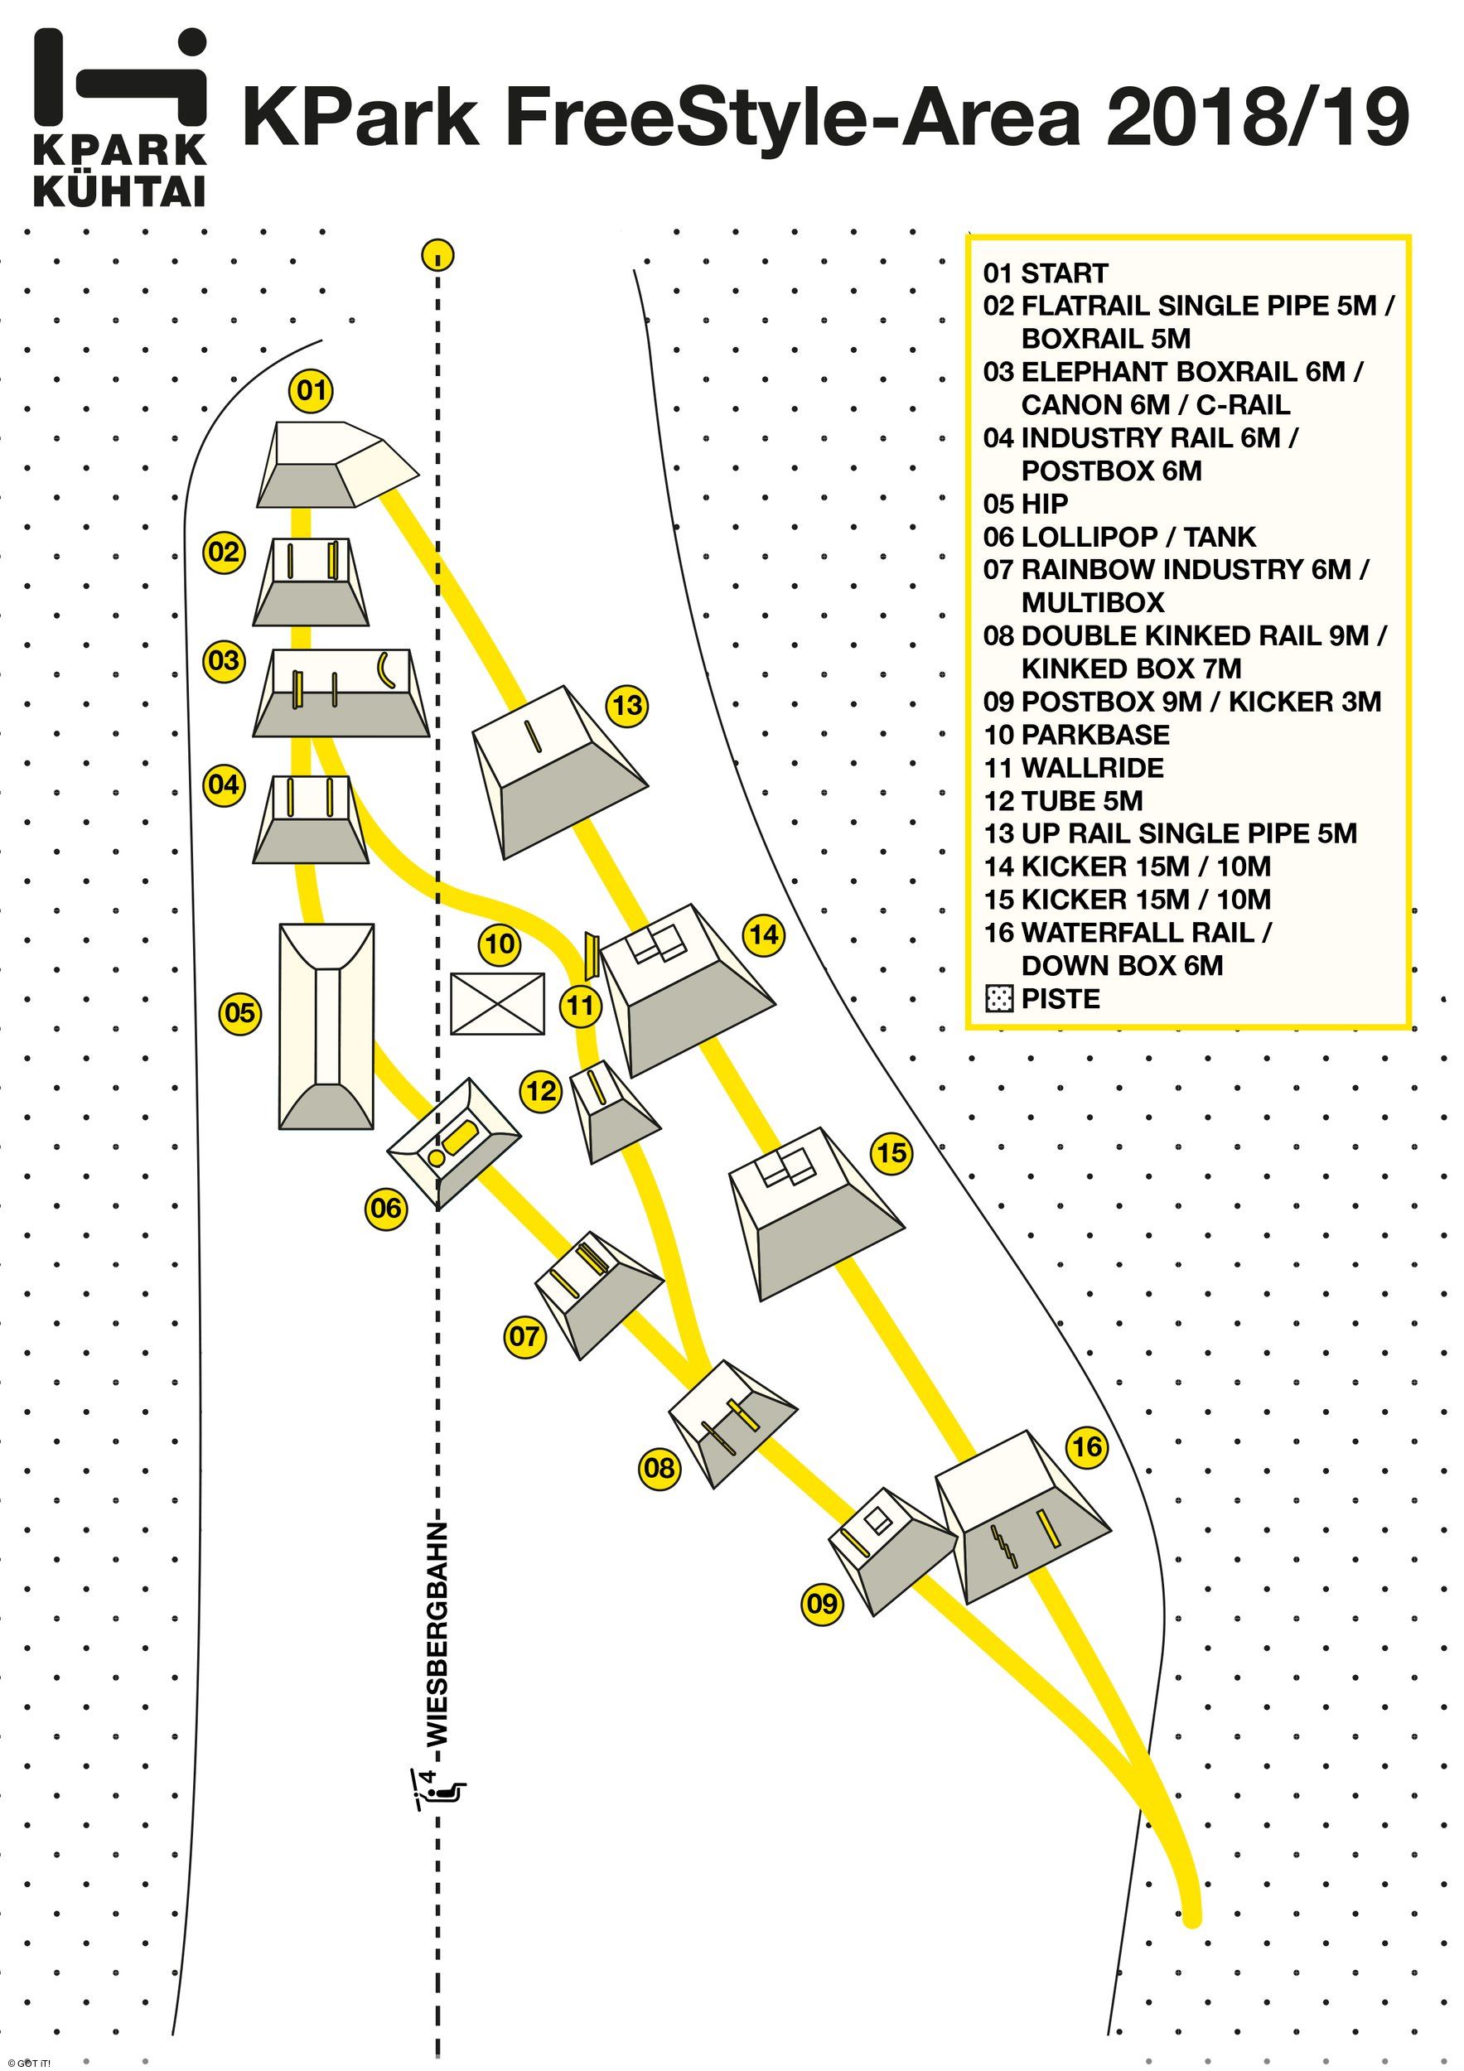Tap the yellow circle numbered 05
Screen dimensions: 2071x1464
point(240,1013)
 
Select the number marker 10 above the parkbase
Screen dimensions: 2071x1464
point(500,944)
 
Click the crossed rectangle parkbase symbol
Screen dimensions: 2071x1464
point(497,1004)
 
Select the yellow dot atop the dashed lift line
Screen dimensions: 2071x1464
point(437,255)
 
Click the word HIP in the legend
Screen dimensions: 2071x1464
point(1045,504)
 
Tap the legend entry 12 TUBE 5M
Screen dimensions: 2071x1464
point(1063,801)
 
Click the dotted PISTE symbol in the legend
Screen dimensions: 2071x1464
point(998,999)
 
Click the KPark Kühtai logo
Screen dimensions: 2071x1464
point(120,118)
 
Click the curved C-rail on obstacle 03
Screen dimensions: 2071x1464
point(386,671)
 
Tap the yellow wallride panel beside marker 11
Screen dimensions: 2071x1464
point(592,956)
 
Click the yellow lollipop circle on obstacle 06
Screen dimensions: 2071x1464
point(435,1156)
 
